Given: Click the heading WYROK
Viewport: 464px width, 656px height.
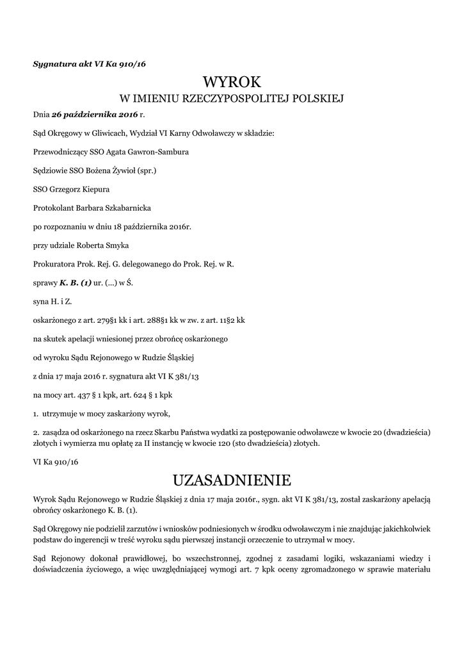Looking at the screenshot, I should (232, 81).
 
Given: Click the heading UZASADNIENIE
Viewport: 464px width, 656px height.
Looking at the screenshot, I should (232, 479).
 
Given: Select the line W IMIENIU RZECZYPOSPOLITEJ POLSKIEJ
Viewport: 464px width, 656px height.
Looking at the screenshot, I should (232, 99).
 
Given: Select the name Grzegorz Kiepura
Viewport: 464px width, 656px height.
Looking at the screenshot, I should (76, 190).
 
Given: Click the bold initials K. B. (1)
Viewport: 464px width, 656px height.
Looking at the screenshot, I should (76, 282).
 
